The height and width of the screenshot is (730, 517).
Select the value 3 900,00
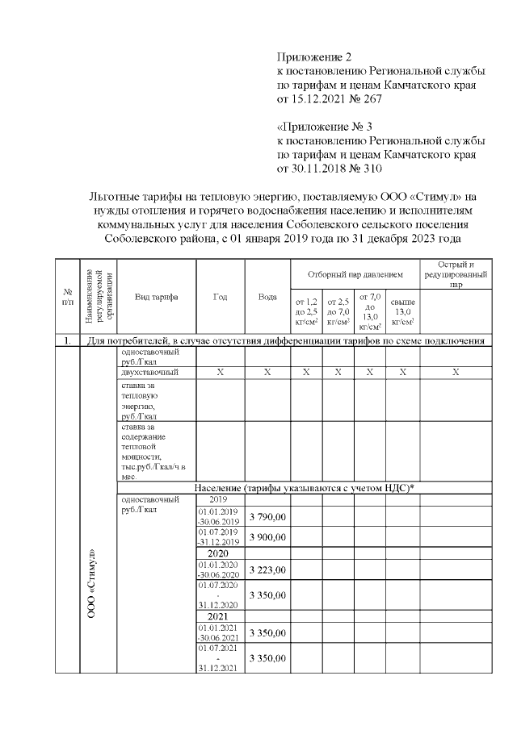267,537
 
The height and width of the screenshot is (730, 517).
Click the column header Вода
267,297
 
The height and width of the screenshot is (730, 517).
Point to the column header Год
220,297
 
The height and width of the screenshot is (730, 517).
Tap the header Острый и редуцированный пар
456,274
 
